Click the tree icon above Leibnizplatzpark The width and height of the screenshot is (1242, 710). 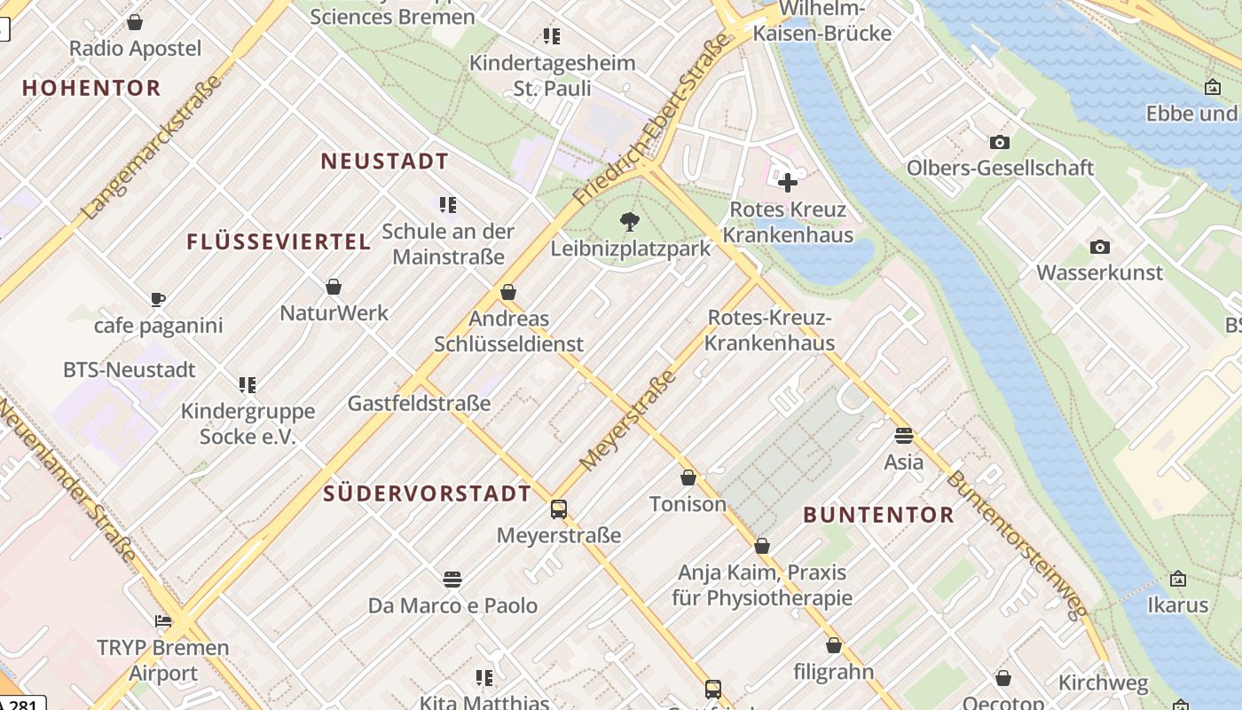(630, 222)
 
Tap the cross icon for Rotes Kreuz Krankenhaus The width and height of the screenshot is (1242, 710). (787, 183)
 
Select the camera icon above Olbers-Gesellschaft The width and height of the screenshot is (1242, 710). (999, 142)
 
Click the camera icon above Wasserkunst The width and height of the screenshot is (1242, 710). (1099, 247)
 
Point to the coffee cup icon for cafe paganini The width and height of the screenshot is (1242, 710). (158, 299)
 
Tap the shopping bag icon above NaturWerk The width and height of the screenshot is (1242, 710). (334, 287)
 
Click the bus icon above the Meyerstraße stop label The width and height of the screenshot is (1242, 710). (558, 509)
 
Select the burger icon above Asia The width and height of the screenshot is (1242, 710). (903, 436)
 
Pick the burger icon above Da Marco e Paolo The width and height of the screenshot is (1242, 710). (452, 580)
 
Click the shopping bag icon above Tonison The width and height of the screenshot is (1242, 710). (688, 478)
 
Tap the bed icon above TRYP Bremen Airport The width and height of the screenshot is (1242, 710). (163, 621)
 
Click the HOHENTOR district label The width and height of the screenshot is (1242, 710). (91, 88)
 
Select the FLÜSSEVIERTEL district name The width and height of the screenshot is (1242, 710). (279, 241)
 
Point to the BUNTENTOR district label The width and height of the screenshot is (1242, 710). (878, 515)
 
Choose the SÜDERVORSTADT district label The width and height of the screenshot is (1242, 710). (427, 493)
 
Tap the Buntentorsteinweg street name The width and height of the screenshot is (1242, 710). (1017, 545)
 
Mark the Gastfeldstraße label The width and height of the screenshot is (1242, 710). (419, 404)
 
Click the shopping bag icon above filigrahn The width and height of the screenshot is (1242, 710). (833, 645)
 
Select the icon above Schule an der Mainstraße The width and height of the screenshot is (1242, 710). (448, 205)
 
